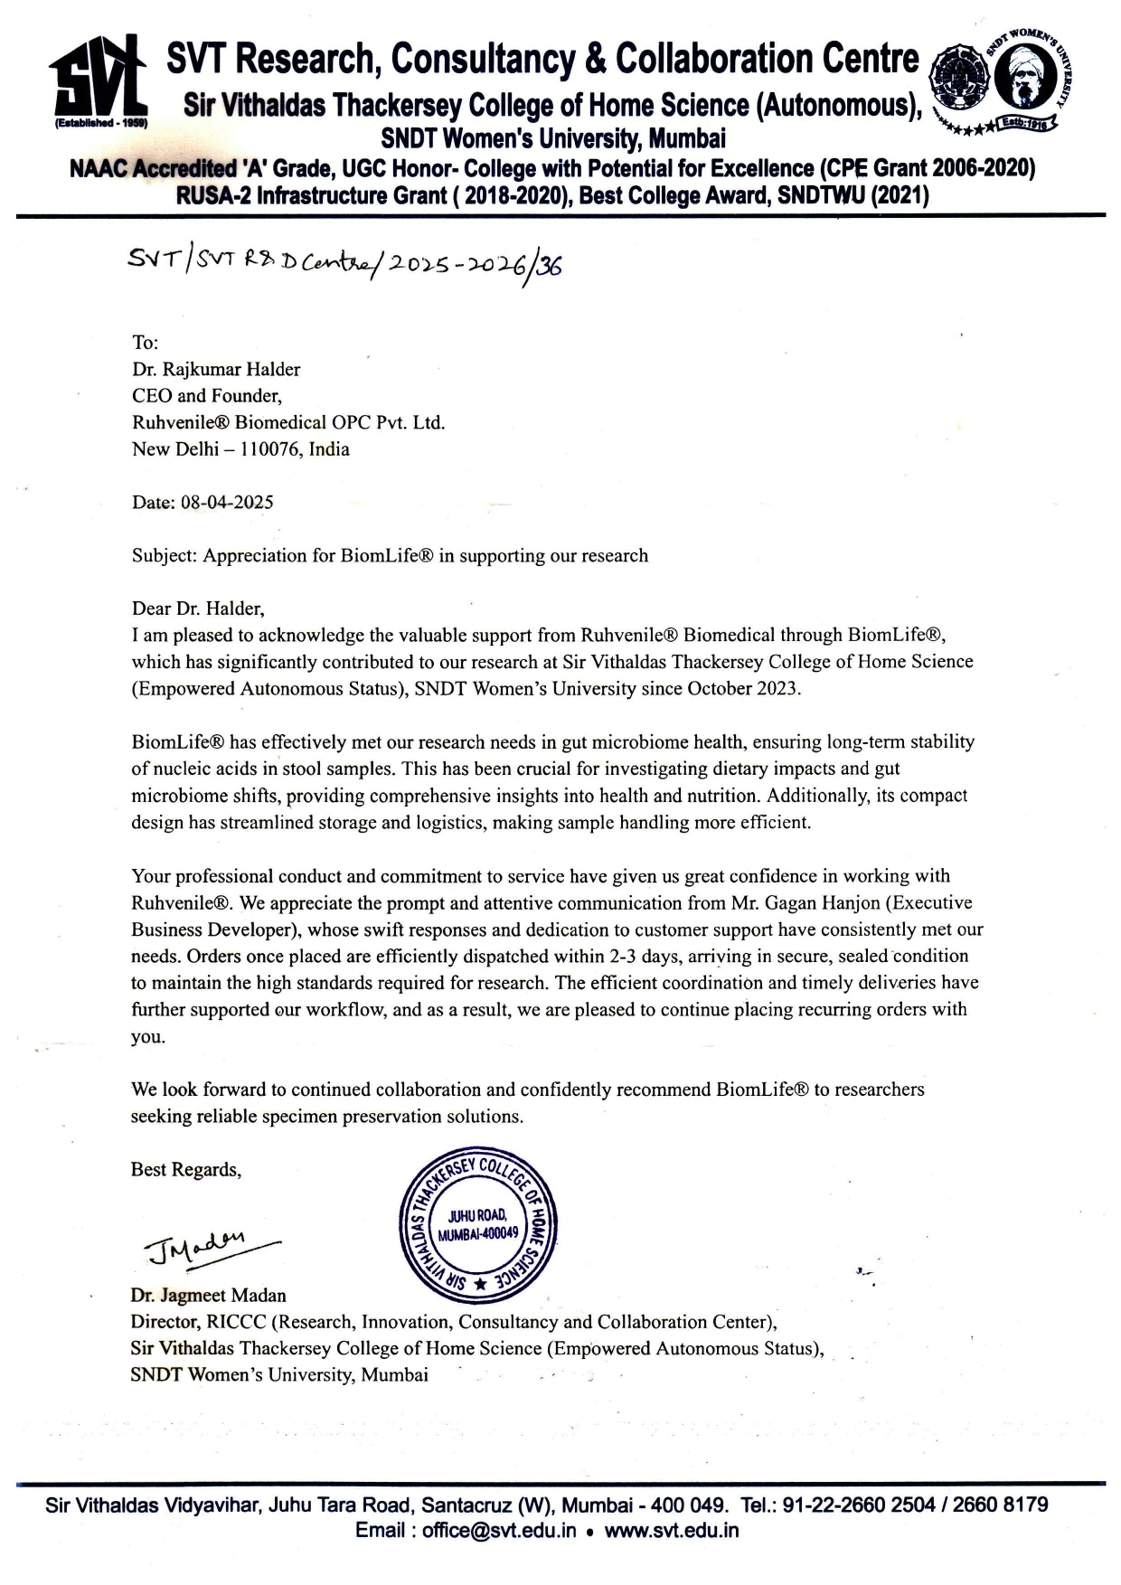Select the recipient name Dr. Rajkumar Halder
tap(216, 369)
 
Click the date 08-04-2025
tap(227, 503)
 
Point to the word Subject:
tap(164, 556)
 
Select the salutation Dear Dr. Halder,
tap(198, 609)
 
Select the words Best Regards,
tap(186, 1170)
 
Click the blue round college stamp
tap(478, 1228)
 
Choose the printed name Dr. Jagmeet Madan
tap(208, 1296)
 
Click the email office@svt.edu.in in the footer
tap(499, 1531)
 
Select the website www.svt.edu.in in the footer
tap(672, 1531)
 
